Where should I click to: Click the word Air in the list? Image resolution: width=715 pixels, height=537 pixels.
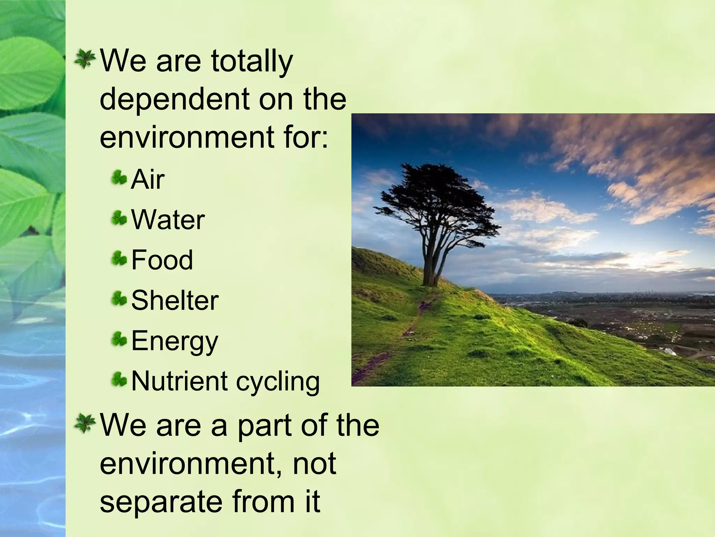click(x=147, y=180)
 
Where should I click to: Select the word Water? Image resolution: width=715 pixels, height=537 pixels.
click(x=168, y=220)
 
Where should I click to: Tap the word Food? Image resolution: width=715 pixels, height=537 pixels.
click(x=162, y=260)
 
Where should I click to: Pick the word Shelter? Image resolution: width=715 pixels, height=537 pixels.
click(x=175, y=301)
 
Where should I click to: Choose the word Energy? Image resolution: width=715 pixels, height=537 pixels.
click(x=175, y=341)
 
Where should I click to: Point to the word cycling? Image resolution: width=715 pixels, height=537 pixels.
click(x=278, y=382)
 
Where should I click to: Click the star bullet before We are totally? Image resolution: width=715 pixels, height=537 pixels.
click(x=84, y=59)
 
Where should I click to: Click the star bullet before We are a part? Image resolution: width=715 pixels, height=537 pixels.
click(x=84, y=423)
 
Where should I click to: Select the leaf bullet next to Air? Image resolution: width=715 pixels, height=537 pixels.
click(x=119, y=178)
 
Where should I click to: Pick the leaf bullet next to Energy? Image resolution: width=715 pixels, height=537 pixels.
click(x=119, y=339)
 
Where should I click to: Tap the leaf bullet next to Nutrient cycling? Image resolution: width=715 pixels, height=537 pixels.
click(x=119, y=380)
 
